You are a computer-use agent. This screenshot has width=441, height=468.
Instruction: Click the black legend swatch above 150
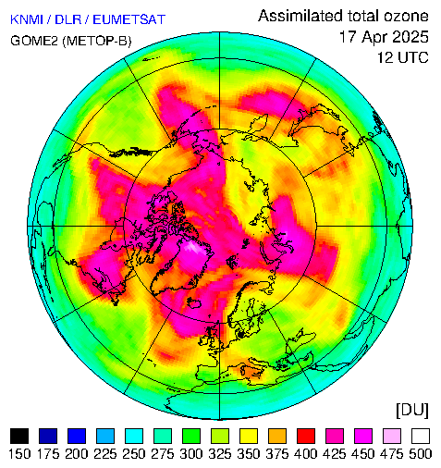(19, 436)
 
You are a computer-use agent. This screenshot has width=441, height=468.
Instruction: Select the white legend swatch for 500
(421, 436)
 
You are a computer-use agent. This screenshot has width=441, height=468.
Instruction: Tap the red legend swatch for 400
(306, 436)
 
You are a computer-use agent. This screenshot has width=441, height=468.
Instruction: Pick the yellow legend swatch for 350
(249, 436)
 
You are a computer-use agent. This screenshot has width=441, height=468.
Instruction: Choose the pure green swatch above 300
(191, 436)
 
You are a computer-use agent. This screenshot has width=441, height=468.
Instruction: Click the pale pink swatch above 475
(392, 436)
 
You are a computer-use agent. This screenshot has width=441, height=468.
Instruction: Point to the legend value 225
(105, 454)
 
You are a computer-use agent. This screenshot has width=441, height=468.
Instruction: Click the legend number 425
(335, 454)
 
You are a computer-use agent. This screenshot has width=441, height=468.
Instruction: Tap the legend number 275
(163, 454)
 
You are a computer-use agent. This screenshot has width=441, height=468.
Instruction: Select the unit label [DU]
(412, 411)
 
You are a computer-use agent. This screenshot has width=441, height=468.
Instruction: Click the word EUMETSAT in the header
(129, 19)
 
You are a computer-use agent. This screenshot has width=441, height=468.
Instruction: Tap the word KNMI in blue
(27, 19)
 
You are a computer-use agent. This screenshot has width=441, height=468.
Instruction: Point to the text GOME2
(34, 41)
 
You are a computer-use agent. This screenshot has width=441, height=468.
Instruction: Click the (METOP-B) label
(97, 41)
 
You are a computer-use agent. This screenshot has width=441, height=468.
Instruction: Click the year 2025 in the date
(406, 37)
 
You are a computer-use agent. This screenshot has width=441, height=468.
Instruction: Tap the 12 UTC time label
(403, 57)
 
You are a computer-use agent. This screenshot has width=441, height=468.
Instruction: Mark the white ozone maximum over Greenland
(193, 248)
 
